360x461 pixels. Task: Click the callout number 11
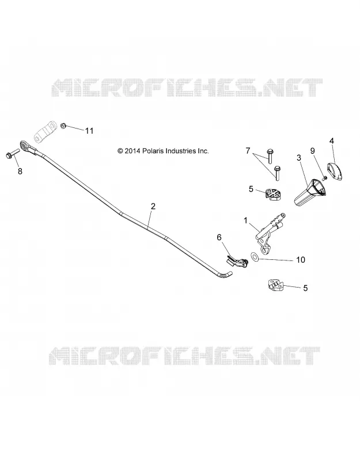click(x=89, y=131)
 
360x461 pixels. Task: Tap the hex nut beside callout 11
click(x=63, y=126)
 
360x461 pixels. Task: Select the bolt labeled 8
click(x=12, y=153)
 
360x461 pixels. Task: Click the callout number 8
click(x=20, y=171)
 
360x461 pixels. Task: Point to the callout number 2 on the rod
click(x=153, y=206)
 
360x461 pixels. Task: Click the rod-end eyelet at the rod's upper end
click(x=24, y=145)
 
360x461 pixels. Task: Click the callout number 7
click(x=248, y=151)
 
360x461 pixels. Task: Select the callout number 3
click(x=299, y=158)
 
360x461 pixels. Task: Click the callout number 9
click(x=312, y=151)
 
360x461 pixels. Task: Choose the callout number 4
click(x=332, y=141)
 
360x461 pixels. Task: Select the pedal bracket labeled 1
click(x=269, y=232)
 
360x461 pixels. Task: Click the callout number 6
click(x=219, y=237)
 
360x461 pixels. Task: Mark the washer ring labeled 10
click(x=254, y=256)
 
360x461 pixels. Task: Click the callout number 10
click(x=301, y=260)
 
